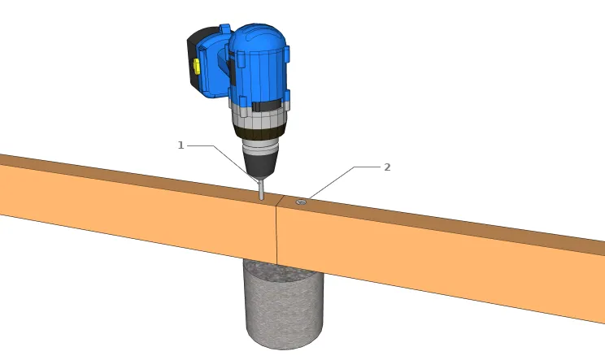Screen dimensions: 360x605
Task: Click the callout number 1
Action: [x=181, y=145]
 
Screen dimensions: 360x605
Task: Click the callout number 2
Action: [x=387, y=167]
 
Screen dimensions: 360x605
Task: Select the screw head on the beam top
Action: [x=301, y=202]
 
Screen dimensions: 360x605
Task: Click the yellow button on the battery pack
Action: [x=197, y=67]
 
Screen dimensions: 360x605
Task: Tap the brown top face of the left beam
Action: [x=122, y=172]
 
